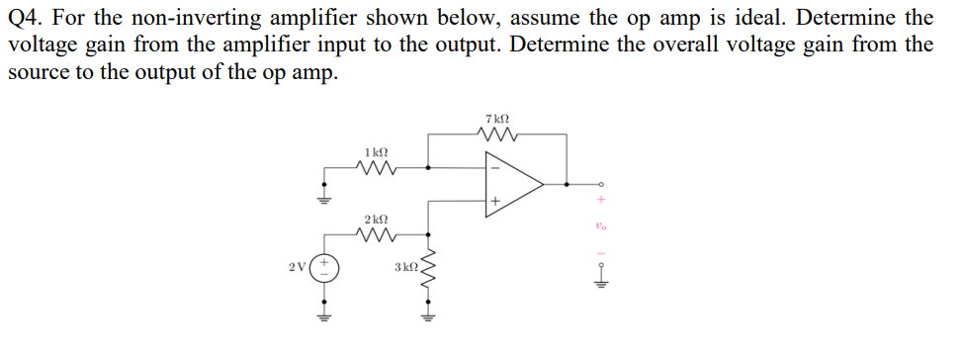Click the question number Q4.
tap(27, 18)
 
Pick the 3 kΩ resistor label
tap(406, 267)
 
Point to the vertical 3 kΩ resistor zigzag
tap(428, 275)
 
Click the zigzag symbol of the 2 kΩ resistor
tap(376, 235)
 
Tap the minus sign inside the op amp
tap(493, 166)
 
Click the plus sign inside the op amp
tap(493, 202)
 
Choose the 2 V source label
tap(298, 267)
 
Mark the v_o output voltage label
tap(600, 226)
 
